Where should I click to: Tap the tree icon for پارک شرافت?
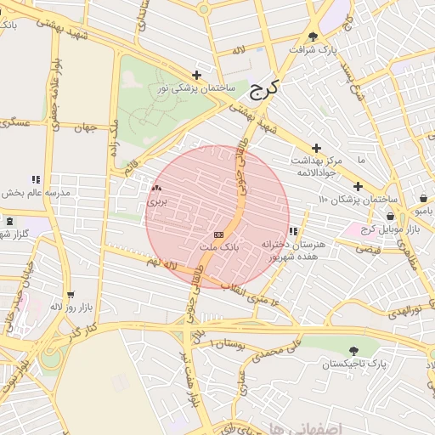point(314,37)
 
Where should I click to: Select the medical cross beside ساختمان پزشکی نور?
point(197,75)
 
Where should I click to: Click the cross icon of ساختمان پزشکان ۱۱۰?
point(358,186)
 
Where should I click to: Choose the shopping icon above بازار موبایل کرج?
point(390,217)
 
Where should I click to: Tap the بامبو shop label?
point(423,209)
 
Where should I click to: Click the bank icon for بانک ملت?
point(219,234)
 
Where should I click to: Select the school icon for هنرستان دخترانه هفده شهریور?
point(293,231)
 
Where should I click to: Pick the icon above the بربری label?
point(155,189)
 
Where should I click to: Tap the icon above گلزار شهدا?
point(9,222)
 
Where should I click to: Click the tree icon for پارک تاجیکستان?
point(353,350)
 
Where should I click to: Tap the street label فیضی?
point(368,250)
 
